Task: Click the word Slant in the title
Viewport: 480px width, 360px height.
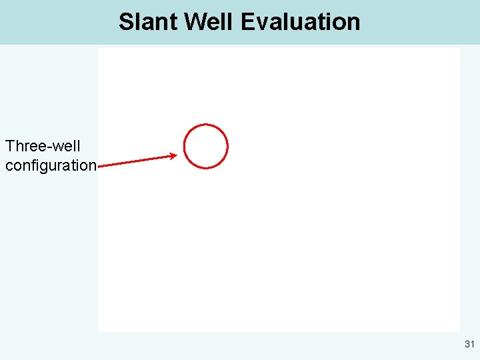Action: click(148, 22)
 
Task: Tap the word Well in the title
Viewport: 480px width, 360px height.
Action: click(209, 22)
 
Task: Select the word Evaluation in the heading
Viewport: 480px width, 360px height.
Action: click(300, 22)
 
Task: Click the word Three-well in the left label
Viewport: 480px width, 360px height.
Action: click(43, 146)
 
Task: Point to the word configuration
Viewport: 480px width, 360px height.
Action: click(51, 165)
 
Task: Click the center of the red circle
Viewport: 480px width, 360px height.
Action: click(206, 146)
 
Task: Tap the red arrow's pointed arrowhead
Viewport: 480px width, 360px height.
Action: click(175, 156)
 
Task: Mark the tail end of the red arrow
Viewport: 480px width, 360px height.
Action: click(99, 166)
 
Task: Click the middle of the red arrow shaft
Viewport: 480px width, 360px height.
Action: click(137, 161)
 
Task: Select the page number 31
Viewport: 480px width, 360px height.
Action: click(469, 345)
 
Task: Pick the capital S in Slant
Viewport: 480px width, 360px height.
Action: click(126, 22)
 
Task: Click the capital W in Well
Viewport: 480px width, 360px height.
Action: click(194, 22)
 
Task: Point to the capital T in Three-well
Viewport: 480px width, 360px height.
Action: click(10, 146)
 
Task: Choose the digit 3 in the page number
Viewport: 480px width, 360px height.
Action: click(467, 345)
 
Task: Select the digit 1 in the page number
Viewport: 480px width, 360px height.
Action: click(472, 345)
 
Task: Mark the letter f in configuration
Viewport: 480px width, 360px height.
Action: click(33, 165)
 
